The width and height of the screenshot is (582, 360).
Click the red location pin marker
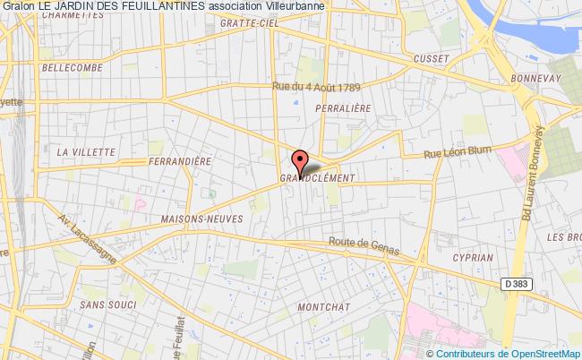(299, 160)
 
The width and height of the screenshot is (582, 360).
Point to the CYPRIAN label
(472, 257)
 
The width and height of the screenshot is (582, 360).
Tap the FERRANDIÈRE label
(183, 161)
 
